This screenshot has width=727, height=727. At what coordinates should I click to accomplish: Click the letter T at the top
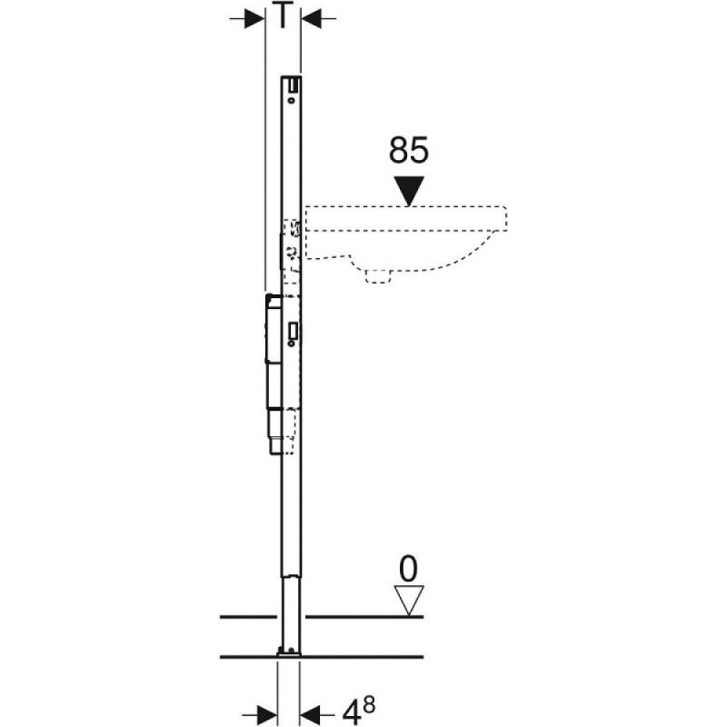283,16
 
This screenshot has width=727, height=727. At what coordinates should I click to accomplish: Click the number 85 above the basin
408,150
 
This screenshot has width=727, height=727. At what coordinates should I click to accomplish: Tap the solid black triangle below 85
408,190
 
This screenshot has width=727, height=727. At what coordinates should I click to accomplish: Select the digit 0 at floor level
408,569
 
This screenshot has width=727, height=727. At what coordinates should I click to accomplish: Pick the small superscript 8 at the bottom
369,705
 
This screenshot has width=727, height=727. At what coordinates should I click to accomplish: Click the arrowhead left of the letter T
254,18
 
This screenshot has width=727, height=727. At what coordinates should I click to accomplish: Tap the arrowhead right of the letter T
312,18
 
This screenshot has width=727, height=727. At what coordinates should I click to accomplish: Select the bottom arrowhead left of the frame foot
266,712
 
